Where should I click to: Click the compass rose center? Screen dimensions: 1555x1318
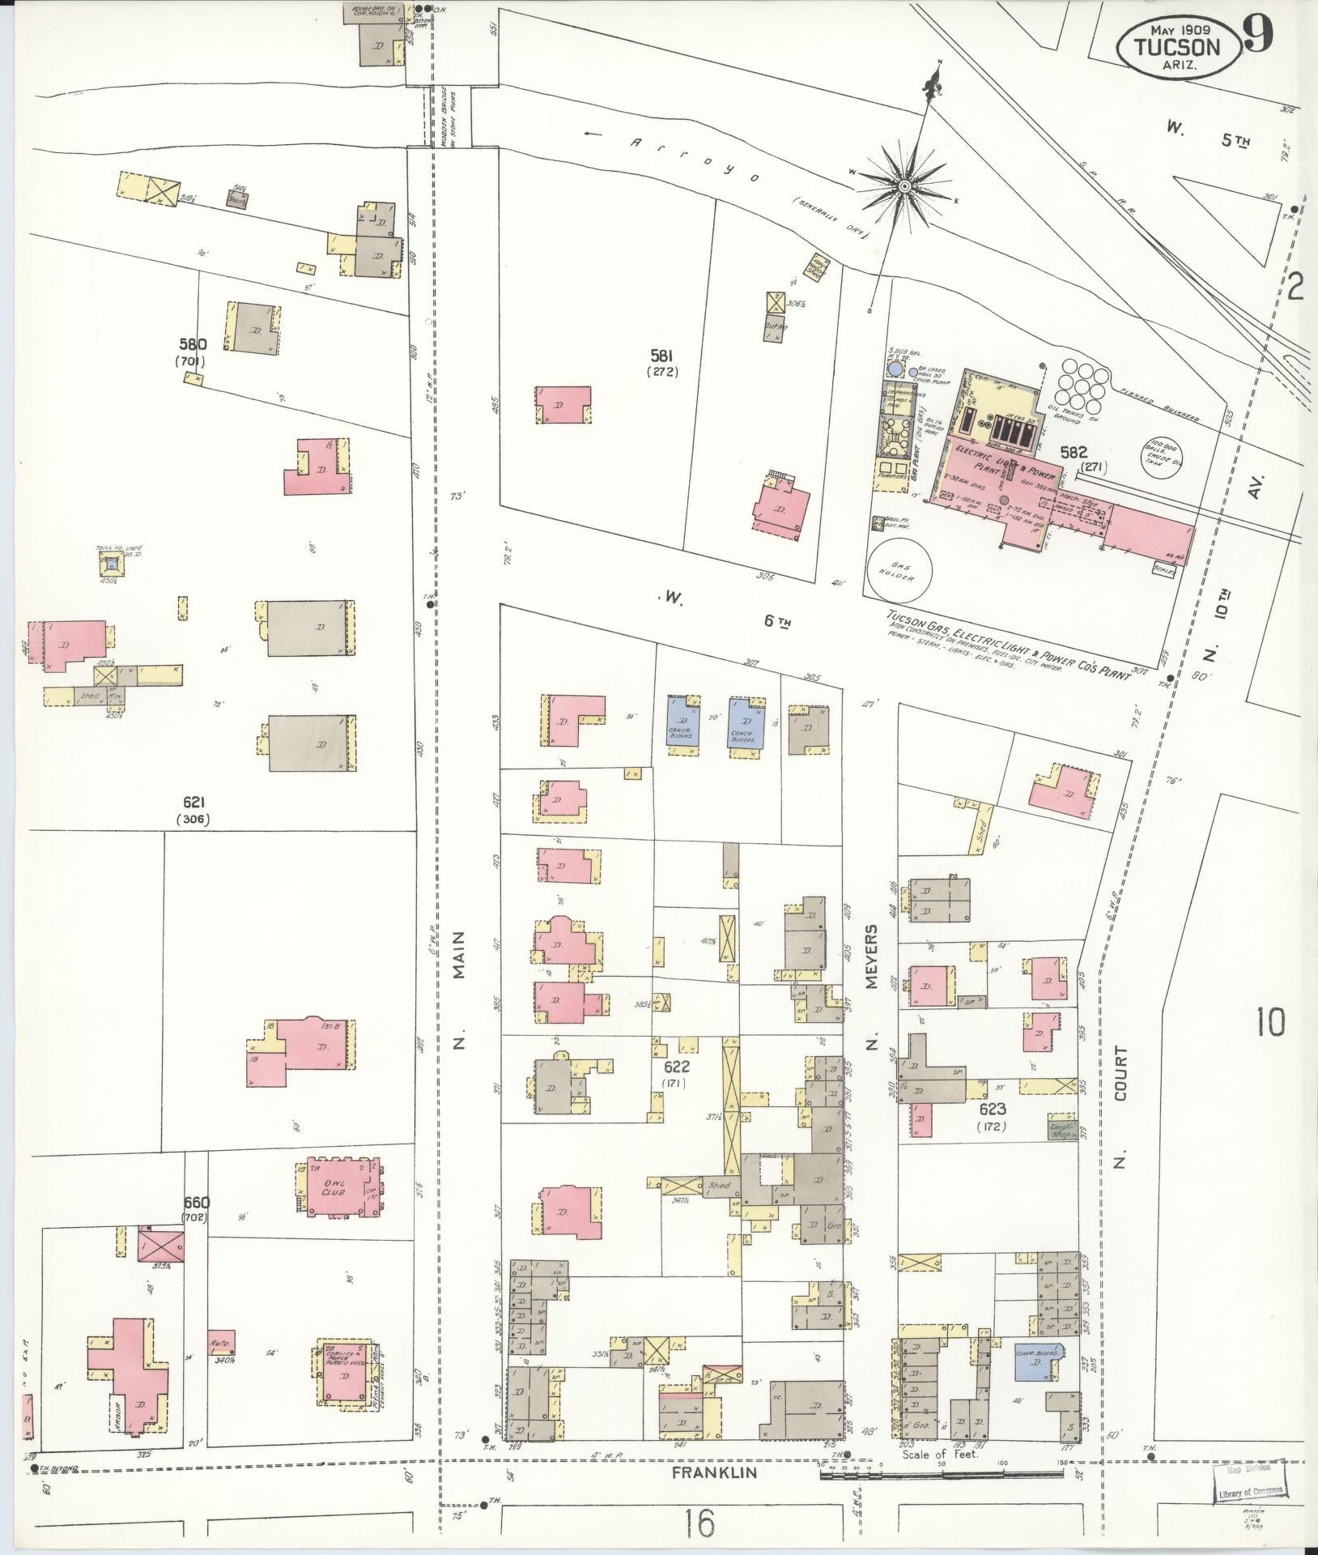905,187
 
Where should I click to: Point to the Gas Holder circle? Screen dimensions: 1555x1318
900,573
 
